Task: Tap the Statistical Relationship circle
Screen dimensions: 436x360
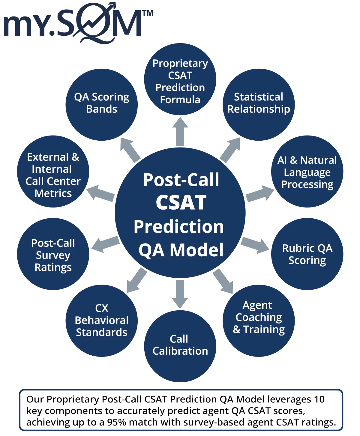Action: (x=258, y=103)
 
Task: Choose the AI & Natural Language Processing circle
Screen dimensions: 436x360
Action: (x=307, y=172)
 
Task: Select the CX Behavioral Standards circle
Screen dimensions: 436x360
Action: (x=101, y=320)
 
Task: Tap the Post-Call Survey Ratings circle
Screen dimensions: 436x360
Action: (x=53, y=255)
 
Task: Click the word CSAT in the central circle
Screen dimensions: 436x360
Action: (x=181, y=202)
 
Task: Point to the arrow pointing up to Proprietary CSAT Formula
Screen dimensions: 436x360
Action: (x=180, y=132)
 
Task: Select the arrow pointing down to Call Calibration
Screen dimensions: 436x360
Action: (x=180, y=292)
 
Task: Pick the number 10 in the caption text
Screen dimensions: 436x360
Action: (x=319, y=399)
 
